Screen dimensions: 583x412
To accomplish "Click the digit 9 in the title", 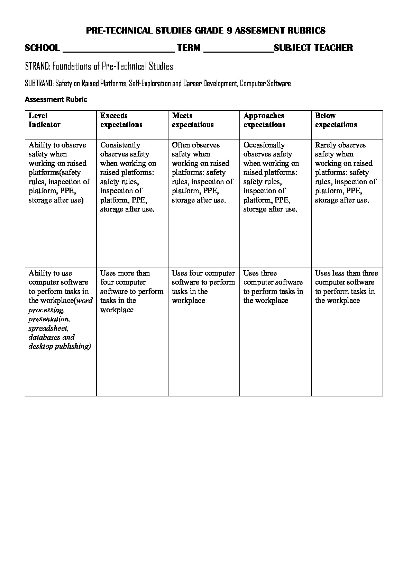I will [229, 31].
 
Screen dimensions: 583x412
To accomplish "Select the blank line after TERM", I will [239, 49].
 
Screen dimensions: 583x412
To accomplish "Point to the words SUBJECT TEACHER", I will [313, 48].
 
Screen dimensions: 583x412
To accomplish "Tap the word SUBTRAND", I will [39, 83].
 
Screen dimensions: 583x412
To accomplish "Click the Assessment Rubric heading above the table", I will [56, 100].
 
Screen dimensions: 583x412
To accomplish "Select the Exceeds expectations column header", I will [121, 120].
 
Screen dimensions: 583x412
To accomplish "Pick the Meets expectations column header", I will [193, 120].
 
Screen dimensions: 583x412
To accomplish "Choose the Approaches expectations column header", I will [264, 120].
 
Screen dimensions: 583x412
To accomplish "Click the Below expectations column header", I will [336, 120].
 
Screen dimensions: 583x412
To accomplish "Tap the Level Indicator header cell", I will [44, 120].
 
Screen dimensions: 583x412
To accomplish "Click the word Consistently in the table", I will [120, 145].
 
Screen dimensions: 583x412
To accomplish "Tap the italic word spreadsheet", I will [48, 328].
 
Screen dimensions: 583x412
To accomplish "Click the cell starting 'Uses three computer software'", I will [273, 287].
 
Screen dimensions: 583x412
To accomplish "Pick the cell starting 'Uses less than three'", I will [346, 287].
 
